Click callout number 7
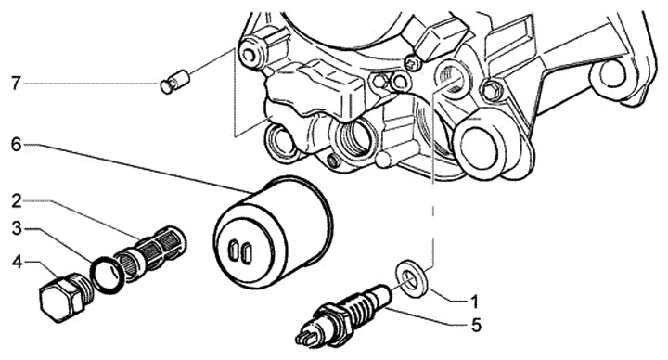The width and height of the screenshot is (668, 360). [x=16, y=84]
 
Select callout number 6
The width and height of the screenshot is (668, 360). [x=16, y=145]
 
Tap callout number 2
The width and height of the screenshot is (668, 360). [x=17, y=200]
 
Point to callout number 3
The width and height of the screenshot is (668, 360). [x=17, y=229]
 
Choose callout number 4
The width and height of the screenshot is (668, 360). [x=17, y=263]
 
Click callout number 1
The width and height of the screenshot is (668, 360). [x=474, y=302]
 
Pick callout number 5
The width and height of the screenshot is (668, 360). [x=476, y=326]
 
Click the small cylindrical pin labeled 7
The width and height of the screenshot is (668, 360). [x=175, y=82]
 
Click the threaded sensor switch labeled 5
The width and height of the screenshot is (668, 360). [x=343, y=315]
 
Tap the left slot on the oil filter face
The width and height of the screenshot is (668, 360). [x=234, y=251]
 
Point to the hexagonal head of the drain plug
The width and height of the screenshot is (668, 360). [x=58, y=302]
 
